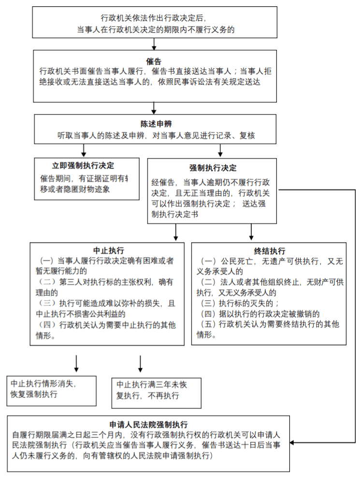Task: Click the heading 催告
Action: pos(155,62)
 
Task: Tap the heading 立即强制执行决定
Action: pos(83,165)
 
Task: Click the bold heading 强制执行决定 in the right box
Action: pos(213,168)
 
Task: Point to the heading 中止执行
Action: pos(108,250)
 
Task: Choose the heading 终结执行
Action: pos(269,251)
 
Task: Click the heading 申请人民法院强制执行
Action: pos(148,425)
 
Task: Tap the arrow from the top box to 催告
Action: pos(154,44)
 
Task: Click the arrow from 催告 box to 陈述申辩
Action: pos(154,107)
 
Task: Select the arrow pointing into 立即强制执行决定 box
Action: pos(84,150)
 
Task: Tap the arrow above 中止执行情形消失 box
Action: pos(76,364)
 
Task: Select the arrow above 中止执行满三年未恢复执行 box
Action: pos(141,364)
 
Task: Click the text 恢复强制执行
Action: pos(34,394)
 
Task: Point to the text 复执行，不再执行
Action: pos(148,396)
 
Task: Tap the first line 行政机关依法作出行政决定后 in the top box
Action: pos(154,18)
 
